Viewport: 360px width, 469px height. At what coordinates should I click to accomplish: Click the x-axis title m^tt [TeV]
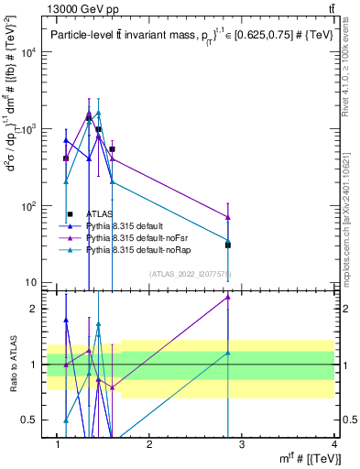coord(311,458)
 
